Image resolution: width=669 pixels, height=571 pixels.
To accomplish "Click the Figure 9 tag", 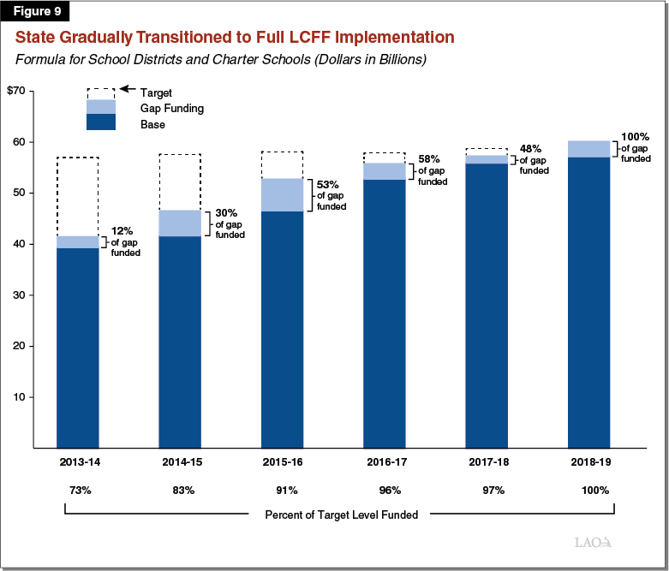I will [x=38, y=13].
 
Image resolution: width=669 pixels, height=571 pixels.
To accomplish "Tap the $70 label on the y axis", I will [x=17, y=91].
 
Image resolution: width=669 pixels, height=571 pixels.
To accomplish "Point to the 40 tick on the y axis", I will [x=24, y=244].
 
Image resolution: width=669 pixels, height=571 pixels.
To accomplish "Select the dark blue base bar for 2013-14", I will [x=78, y=347].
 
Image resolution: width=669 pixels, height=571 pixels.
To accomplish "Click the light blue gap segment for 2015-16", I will [x=283, y=194].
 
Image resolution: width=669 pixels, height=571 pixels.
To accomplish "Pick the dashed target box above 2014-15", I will [x=180, y=181].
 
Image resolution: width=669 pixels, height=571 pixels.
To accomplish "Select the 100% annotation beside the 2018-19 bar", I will [x=635, y=146].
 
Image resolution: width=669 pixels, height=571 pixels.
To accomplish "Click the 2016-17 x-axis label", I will [x=385, y=461].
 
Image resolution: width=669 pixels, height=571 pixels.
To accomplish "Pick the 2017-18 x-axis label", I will [x=487, y=461].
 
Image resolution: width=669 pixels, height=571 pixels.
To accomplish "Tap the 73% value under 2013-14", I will [x=77, y=491].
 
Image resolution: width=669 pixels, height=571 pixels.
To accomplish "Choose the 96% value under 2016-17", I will [x=385, y=491].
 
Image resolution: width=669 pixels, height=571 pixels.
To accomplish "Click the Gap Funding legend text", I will [x=171, y=108].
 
